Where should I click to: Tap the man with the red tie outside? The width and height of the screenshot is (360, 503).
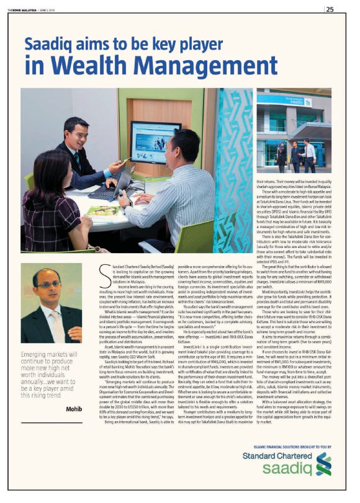pos(309,156)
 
